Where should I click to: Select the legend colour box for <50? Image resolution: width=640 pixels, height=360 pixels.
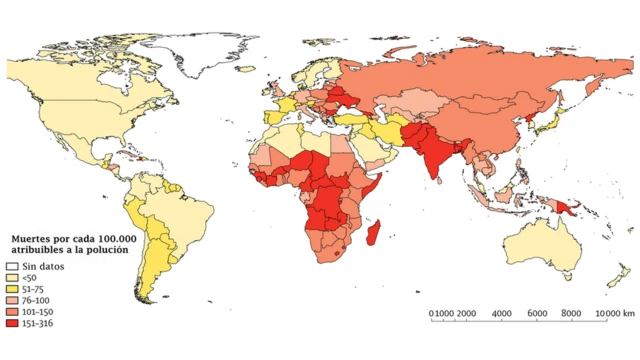tap(14, 278)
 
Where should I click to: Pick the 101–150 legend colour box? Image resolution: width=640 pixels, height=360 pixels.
tap(14, 313)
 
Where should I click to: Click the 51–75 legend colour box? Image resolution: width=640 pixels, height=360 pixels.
tap(14, 290)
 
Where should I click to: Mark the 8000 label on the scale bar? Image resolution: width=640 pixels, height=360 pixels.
tap(573, 314)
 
